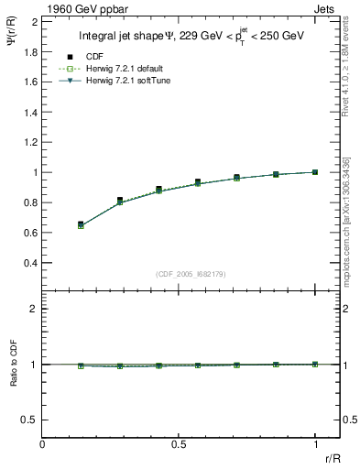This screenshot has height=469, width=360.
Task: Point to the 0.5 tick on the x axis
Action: (180, 443)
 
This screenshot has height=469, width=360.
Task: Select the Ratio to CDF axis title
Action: (13, 377)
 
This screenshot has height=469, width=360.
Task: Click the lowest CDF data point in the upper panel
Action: (81, 224)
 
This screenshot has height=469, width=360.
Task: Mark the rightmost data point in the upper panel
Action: (315, 172)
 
